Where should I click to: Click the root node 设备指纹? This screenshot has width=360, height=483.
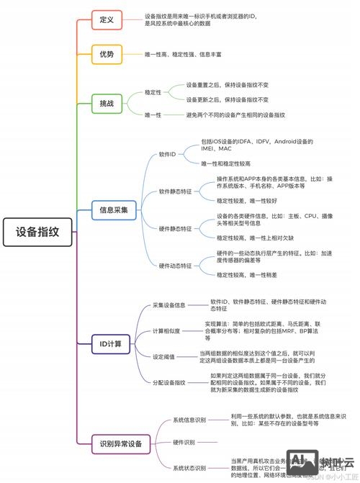[38, 232]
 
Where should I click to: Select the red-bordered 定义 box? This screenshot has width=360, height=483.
[107, 19]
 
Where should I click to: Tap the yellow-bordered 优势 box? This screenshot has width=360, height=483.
[107, 54]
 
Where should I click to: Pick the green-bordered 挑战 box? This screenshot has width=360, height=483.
[107, 104]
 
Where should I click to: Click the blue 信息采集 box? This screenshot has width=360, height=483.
[113, 210]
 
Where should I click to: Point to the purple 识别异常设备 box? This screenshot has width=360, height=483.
[120, 444]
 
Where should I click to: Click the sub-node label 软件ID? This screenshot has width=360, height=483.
[167, 154]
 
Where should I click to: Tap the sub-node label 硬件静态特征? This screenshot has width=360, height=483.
[176, 228]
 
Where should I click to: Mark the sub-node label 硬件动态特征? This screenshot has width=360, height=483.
[176, 266]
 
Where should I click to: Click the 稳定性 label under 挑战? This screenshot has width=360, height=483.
[153, 92]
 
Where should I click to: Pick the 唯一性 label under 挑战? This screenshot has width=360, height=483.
[153, 114]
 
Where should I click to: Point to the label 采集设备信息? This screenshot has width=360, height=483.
[169, 305]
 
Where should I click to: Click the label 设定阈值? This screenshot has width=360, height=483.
[164, 356]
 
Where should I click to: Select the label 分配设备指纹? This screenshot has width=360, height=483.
[169, 382]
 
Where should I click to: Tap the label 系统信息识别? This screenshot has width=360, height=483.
[189, 420]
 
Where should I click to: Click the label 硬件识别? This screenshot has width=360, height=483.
[184, 442]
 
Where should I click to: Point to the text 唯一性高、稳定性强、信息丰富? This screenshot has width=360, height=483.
[184, 54]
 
